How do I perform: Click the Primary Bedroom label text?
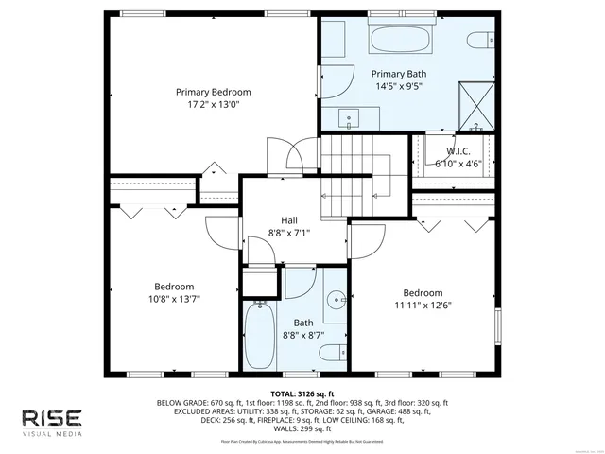pos(220,92)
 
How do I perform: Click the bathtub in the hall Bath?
pos(259,336)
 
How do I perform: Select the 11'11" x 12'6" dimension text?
pos(422,305)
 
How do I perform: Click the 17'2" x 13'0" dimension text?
pos(220,105)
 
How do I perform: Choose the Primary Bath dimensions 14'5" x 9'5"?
pos(398,86)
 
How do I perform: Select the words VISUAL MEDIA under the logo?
pos(53,434)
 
